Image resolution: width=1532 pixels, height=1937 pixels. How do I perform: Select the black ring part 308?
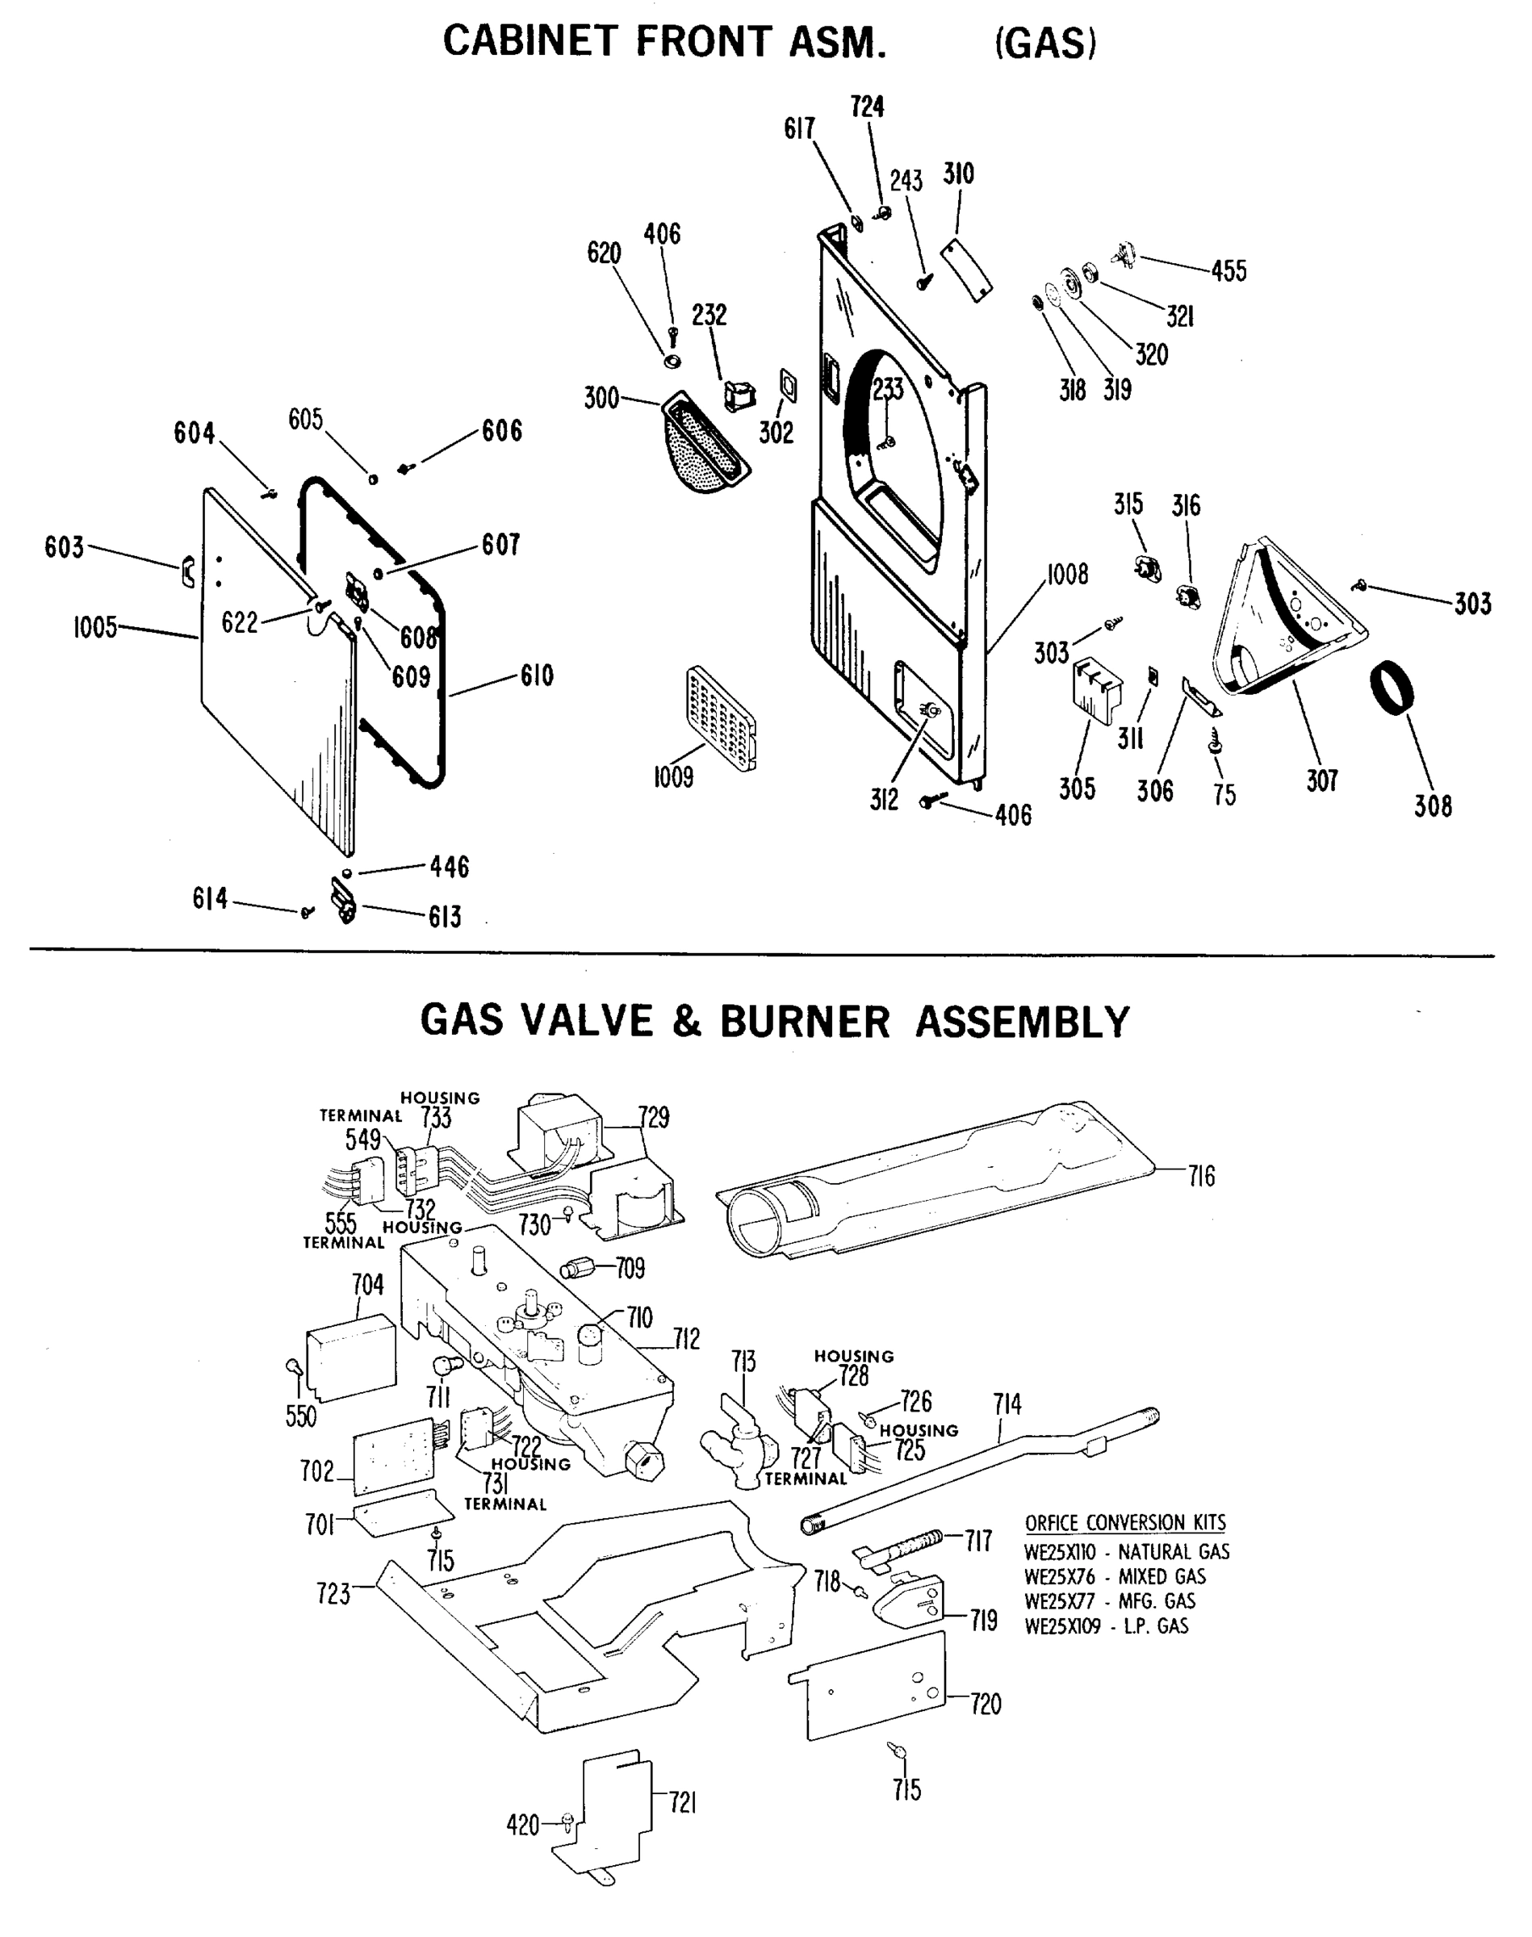(x=1392, y=687)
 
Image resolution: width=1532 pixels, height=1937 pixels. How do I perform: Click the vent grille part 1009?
(x=721, y=717)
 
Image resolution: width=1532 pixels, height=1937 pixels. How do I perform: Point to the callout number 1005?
(x=95, y=627)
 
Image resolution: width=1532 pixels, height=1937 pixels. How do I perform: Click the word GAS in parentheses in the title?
(x=1046, y=42)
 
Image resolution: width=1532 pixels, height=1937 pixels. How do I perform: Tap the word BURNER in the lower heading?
(x=805, y=1022)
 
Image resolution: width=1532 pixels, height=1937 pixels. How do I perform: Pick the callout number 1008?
(x=1066, y=574)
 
